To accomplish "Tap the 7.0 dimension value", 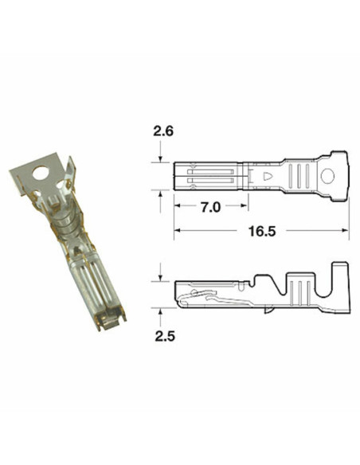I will pyautogui.click(x=209, y=207).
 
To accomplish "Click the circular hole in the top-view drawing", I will pyautogui.click(x=327, y=177).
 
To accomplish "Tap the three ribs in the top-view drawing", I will pyautogui.click(x=301, y=177).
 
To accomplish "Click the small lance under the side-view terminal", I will pyautogui.click(x=185, y=301).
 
